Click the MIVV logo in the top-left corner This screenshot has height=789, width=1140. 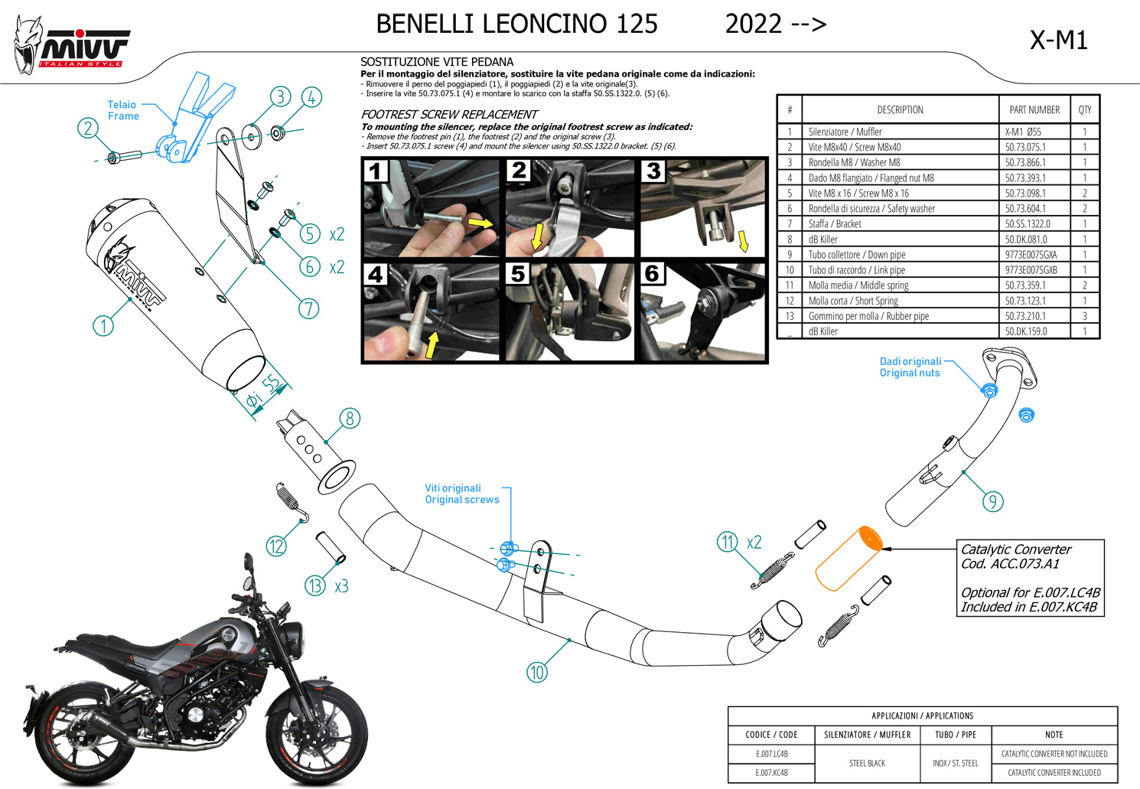click(73, 47)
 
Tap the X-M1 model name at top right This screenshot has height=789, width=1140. click(1058, 40)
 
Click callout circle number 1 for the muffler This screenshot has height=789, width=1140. click(103, 326)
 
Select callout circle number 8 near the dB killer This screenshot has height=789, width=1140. click(350, 419)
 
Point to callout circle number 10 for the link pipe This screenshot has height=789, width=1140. click(537, 673)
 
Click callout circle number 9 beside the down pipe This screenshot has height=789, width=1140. click(992, 501)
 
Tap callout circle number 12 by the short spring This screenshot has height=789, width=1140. click(276, 546)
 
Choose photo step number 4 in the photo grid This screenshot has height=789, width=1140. click(376, 275)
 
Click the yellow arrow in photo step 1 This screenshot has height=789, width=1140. click(480, 223)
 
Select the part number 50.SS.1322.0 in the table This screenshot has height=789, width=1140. click(1027, 224)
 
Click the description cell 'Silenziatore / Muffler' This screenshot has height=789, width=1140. click(845, 132)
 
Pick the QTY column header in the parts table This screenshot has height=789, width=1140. click(1084, 110)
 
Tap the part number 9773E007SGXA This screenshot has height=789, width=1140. click(1031, 255)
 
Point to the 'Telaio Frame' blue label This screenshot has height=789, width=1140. click(122, 110)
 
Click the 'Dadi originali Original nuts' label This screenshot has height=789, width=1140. click(910, 367)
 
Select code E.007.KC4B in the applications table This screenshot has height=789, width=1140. click(771, 773)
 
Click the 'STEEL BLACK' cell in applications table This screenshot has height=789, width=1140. click(867, 763)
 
